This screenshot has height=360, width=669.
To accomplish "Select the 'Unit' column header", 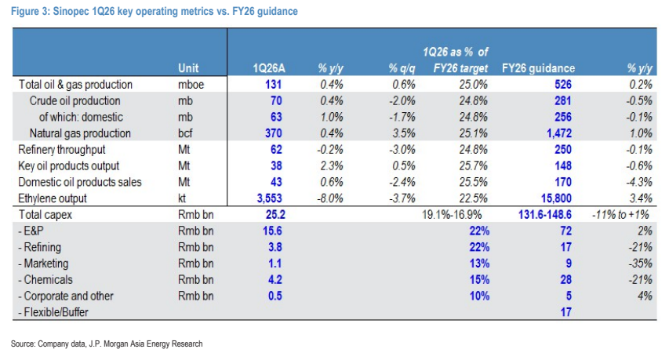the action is tap(188, 68).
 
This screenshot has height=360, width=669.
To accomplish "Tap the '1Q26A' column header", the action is tap(269, 68).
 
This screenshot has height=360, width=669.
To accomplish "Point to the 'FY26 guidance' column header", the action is tap(538, 68).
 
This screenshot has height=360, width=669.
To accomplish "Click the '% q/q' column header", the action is tap(402, 69).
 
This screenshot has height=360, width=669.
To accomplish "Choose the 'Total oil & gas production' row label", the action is tap(75, 85).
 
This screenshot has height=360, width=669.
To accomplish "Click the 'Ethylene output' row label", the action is tap(53, 198).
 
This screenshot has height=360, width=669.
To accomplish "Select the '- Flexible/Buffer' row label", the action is tap(53, 312).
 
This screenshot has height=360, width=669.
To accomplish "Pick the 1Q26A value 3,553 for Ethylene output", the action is tap(269, 198).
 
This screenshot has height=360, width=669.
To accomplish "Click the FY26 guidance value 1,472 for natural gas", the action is tap(559, 133).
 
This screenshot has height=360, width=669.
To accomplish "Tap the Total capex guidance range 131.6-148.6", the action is tap(545, 215).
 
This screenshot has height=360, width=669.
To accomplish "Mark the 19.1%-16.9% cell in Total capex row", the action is tap(452, 215).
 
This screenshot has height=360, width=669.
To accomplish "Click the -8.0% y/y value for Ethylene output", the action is tap(330, 198).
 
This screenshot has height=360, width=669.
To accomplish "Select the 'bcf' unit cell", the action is tap(185, 133).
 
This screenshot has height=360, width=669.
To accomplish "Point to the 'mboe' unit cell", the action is tap(191, 85).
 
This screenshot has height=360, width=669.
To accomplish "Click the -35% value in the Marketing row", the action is tap(640, 264).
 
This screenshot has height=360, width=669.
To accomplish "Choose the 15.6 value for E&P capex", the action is tap(272, 231).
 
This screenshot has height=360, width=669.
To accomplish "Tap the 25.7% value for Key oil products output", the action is tap(473, 166).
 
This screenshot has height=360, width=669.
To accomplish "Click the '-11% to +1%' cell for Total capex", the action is tap(620, 215).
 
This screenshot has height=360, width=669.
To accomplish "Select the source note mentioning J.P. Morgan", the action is tap(107, 344).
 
